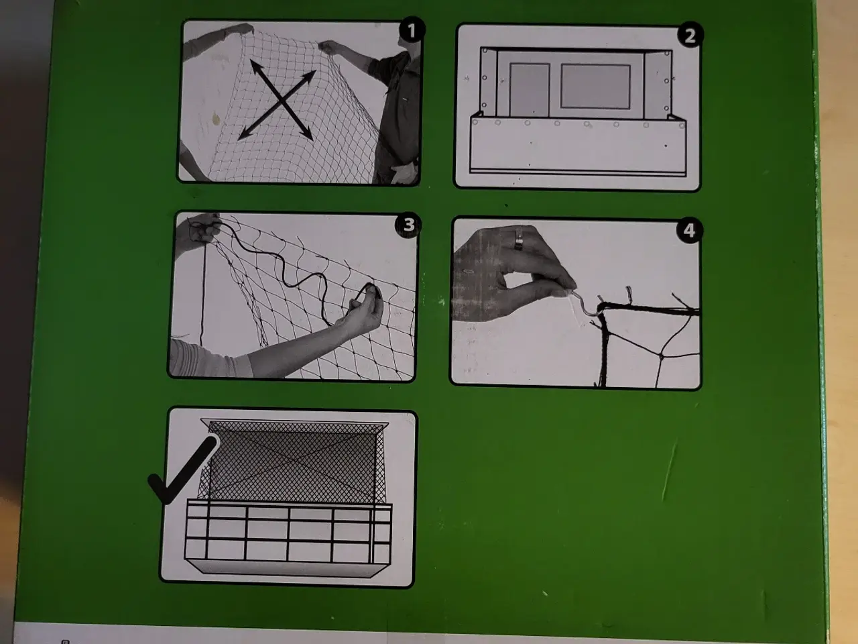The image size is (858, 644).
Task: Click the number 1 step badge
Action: pyautogui.click(x=412, y=30)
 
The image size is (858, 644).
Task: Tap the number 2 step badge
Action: pyautogui.click(x=690, y=35)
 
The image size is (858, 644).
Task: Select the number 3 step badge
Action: pyautogui.click(x=408, y=225)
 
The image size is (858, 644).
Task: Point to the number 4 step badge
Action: pyautogui.click(x=688, y=230)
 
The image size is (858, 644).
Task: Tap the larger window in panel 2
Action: pyautogui.click(x=595, y=87)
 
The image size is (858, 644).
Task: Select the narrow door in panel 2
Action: pyautogui.click(x=530, y=90)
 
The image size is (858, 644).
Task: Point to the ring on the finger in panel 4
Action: pyautogui.click(x=519, y=239)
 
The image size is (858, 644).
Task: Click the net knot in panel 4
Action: pyautogui.click(x=662, y=356)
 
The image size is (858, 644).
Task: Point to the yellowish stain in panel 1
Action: pyautogui.click(x=216, y=119)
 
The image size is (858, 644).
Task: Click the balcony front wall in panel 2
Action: pyautogui.click(x=578, y=146)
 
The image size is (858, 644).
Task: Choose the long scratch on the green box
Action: pyautogui.click(x=669, y=471)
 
